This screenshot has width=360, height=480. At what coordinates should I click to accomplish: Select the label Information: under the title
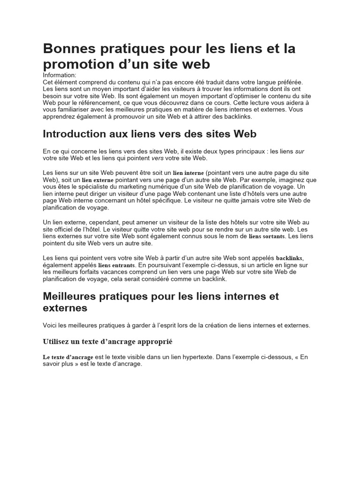click(59, 75)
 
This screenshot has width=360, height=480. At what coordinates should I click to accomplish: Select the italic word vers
click(157, 158)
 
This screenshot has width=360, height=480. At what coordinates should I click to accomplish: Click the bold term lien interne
click(188, 173)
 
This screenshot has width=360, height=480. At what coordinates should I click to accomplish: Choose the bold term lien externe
click(97, 180)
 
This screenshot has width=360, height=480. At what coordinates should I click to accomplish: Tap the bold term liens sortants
click(266, 237)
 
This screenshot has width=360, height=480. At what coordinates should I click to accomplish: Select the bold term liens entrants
click(116, 265)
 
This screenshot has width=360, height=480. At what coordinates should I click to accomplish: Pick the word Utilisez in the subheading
click(59, 341)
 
